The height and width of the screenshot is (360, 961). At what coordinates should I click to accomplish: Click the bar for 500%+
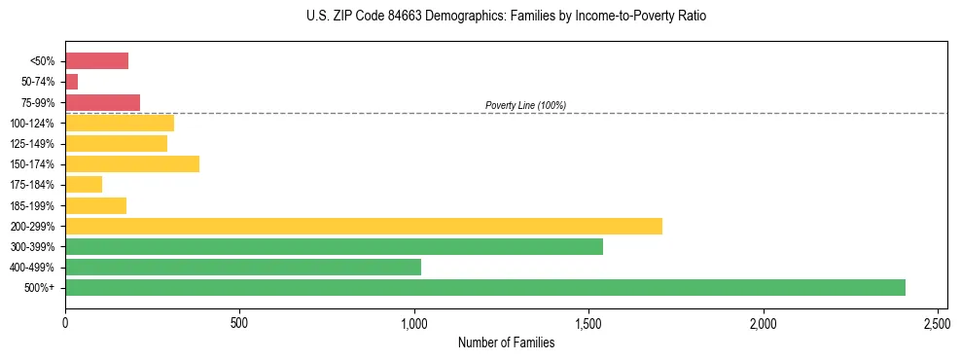pos(484,288)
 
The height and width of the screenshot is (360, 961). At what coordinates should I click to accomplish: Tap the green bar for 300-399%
pos(334,246)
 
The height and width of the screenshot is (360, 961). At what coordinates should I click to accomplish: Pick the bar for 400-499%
pos(242,268)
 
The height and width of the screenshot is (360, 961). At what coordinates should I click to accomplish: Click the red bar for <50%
pos(96,61)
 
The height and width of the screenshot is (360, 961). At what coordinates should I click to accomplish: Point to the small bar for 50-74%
pos(71,82)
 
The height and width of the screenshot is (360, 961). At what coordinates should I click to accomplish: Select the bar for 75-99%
pos(102,102)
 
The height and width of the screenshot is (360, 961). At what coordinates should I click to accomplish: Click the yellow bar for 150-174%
pos(131,164)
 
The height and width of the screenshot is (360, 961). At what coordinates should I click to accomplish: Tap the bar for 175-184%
pos(84,185)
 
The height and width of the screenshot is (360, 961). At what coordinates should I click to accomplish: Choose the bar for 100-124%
pos(119,123)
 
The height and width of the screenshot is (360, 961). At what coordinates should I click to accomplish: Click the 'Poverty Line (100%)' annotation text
pos(525,105)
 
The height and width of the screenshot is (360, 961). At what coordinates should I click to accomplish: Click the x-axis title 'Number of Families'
pos(506,342)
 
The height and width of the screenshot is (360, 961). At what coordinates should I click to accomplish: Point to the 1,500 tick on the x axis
pos(588,322)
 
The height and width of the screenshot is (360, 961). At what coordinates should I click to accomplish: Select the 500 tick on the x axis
pos(239,322)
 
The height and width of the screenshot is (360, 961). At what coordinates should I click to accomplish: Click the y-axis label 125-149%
pos(32,144)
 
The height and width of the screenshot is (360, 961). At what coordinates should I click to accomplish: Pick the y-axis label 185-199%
pos(32,206)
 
